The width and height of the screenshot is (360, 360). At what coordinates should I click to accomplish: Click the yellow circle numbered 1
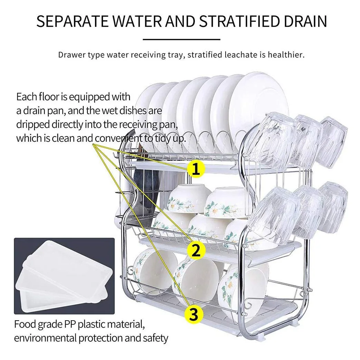tap(196, 169)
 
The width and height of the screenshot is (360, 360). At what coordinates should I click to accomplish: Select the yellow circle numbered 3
tap(193, 314)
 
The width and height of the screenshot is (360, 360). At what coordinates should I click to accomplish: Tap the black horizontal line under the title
tap(181, 40)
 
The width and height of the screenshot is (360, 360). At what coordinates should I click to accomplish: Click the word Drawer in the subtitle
tap(70, 55)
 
